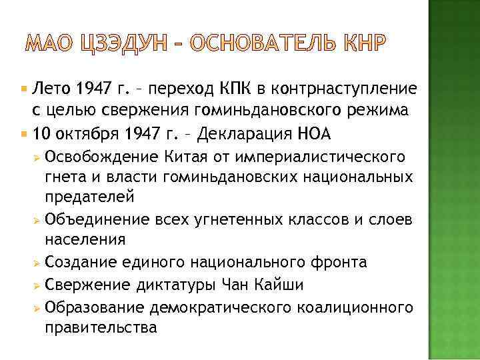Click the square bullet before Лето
[27, 88]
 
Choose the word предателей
[90, 197]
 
